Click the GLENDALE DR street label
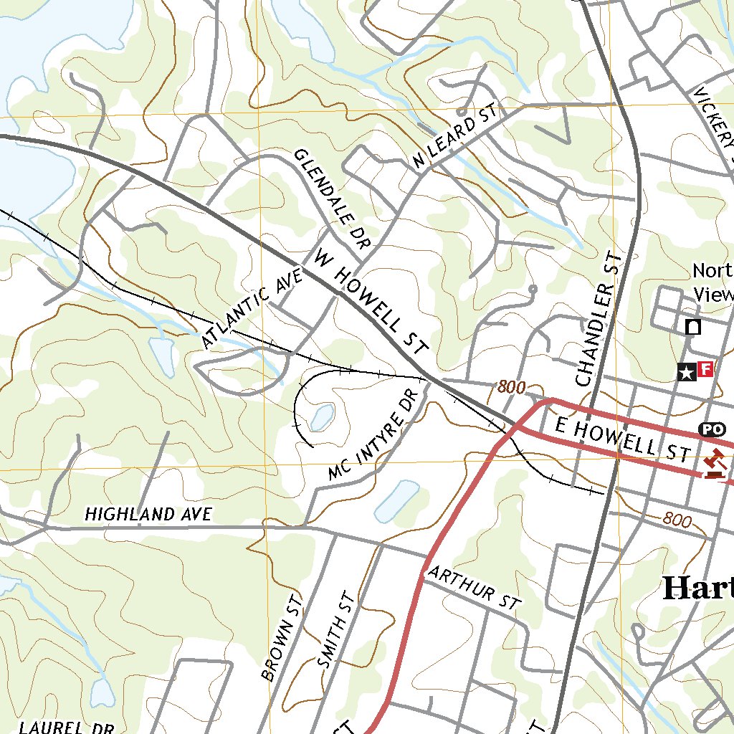[331, 199]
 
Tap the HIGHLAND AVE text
[148, 514]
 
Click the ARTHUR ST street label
[472, 588]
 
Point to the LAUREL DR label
[67, 726]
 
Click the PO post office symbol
[710, 429]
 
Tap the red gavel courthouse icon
[713, 462]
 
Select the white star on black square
[686, 371]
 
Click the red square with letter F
[705, 369]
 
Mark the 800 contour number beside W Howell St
[511, 388]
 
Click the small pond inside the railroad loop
[322, 416]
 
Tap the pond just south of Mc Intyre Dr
[396, 501]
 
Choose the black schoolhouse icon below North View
[693, 327]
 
